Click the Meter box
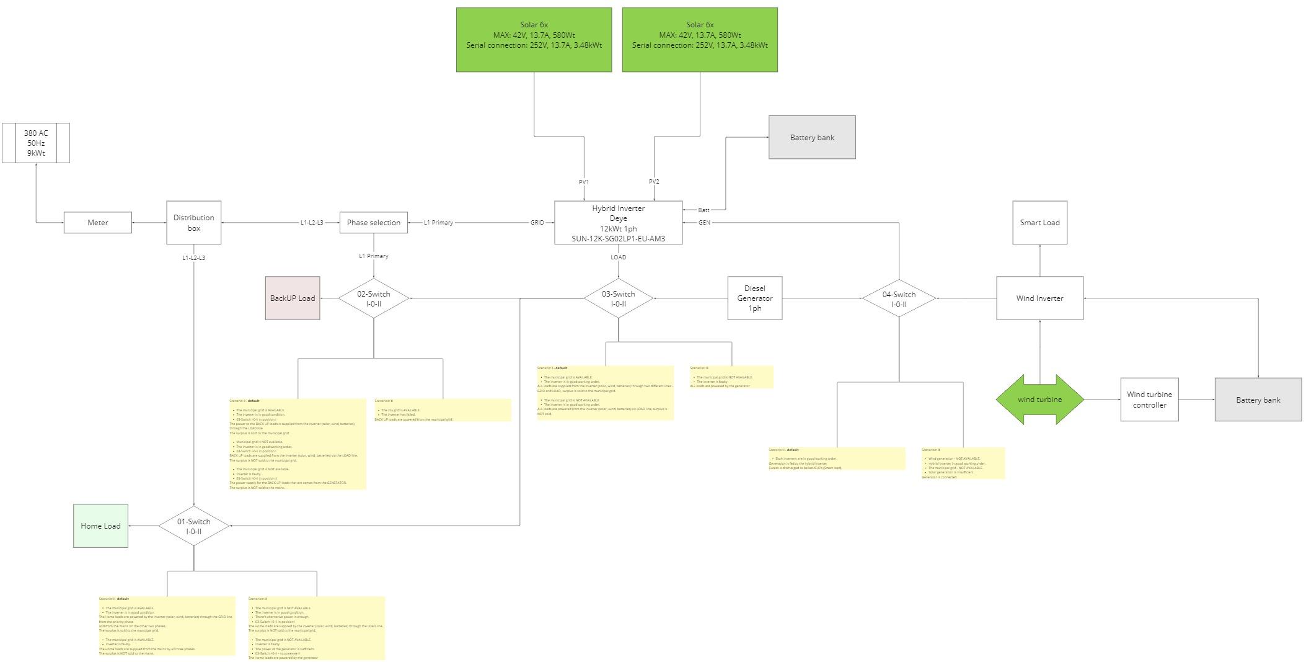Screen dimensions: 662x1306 tap(97, 223)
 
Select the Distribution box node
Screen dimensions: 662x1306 tap(193, 223)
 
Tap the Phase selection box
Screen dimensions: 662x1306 tap(373, 223)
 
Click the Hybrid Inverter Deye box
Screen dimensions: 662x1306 tap(618, 223)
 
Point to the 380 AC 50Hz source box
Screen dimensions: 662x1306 tap(35, 143)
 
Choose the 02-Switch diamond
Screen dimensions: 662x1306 tap(373, 298)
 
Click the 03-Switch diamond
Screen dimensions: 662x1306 tap(618, 298)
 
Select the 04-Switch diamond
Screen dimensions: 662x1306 tap(898, 298)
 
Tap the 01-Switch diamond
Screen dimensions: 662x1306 tap(193, 526)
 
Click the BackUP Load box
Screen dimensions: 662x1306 tap(293, 298)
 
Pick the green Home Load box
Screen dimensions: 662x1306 tap(100, 526)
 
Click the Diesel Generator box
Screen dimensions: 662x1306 tap(754, 298)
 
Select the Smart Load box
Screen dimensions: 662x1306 tap(1039, 223)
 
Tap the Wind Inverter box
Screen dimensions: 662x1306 tap(1039, 298)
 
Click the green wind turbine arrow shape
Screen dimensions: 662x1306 tap(1039, 400)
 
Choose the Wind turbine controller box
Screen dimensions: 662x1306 tap(1149, 400)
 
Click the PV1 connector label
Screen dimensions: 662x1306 tap(583, 182)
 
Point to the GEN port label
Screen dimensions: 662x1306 tap(704, 223)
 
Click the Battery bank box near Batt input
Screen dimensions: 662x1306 tap(812, 137)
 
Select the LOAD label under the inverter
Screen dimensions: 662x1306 tap(618, 257)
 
